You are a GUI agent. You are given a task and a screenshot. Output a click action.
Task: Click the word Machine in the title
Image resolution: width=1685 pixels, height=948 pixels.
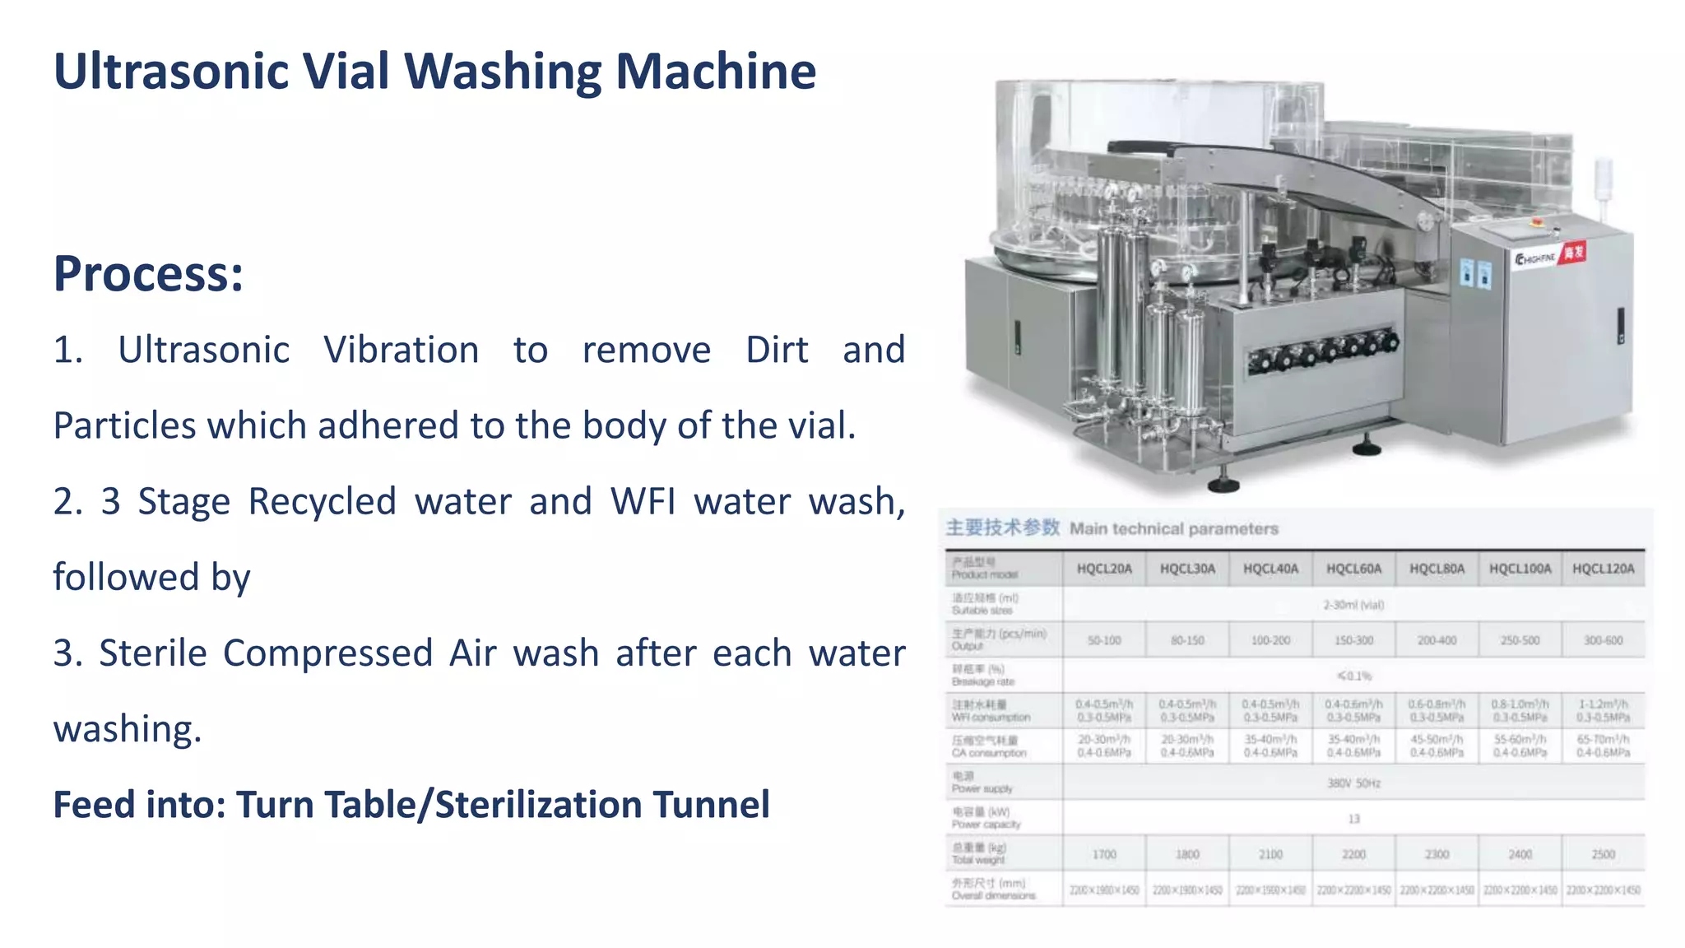[x=715, y=72]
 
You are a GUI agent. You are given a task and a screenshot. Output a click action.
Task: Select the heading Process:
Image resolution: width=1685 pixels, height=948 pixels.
[x=148, y=273]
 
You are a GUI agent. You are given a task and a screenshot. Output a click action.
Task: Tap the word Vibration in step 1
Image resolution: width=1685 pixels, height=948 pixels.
[x=401, y=351]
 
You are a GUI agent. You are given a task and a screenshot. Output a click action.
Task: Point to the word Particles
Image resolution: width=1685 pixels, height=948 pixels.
[x=124, y=426]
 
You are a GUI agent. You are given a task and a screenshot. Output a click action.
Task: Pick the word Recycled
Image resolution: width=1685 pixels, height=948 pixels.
[x=322, y=502]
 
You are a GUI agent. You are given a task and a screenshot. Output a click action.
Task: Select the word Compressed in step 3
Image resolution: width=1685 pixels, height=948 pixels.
[x=327, y=653]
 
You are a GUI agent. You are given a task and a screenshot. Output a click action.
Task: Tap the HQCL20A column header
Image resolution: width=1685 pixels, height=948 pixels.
[x=1104, y=569]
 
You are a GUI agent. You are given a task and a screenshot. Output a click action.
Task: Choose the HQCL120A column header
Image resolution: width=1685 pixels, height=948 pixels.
[x=1603, y=569]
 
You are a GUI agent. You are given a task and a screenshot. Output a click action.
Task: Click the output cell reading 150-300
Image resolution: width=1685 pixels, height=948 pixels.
[x=1353, y=640]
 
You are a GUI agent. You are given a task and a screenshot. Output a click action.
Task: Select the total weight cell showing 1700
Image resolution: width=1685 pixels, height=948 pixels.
[x=1104, y=854]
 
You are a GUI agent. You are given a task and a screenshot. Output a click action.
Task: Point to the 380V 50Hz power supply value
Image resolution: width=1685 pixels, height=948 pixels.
[x=1353, y=783]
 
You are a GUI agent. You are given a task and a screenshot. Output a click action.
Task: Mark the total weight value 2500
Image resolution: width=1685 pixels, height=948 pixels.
[x=1603, y=854]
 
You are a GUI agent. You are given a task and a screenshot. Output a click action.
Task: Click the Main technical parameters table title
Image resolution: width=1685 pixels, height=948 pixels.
[x=1173, y=528]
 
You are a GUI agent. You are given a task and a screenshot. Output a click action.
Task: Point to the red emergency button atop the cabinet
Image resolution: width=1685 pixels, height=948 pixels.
[x=1535, y=222]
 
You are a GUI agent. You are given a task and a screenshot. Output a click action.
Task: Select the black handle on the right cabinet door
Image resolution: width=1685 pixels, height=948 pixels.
[x=1620, y=326]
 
